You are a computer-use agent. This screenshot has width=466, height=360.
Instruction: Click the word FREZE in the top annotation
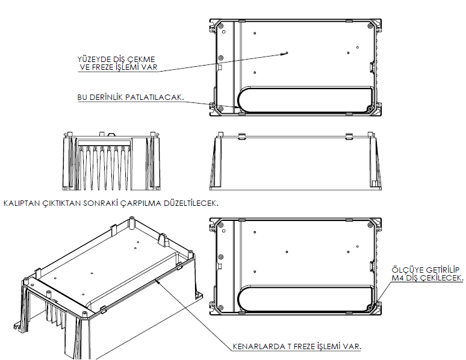point(102,67)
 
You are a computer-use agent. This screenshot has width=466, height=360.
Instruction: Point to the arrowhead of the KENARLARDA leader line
point(158,280)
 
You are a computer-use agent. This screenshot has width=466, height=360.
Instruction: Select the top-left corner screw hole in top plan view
point(221,26)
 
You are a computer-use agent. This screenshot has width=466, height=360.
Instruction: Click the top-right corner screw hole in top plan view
point(370,26)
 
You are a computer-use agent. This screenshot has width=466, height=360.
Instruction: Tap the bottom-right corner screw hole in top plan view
point(370,109)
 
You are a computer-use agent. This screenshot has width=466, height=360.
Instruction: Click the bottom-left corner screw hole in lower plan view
point(221,308)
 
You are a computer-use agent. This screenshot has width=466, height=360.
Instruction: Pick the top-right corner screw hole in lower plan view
point(370,225)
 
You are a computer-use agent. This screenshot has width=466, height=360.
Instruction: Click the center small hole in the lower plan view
point(287,252)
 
